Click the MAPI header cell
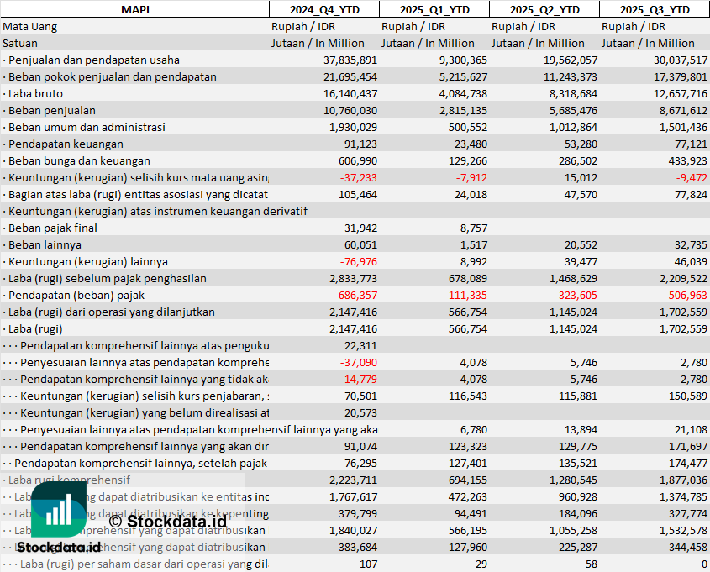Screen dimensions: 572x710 (x=134, y=9)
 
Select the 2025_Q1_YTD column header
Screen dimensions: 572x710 (x=434, y=9)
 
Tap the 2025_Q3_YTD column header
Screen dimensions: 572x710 (x=655, y=9)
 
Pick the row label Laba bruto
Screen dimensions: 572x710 (x=41, y=93)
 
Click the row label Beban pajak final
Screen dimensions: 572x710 (x=52, y=228)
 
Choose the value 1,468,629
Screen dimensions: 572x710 (x=570, y=278)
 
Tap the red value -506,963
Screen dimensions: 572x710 (x=684, y=295)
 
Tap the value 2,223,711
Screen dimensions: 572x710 (x=353, y=480)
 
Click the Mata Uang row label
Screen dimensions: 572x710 (x=30, y=26)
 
